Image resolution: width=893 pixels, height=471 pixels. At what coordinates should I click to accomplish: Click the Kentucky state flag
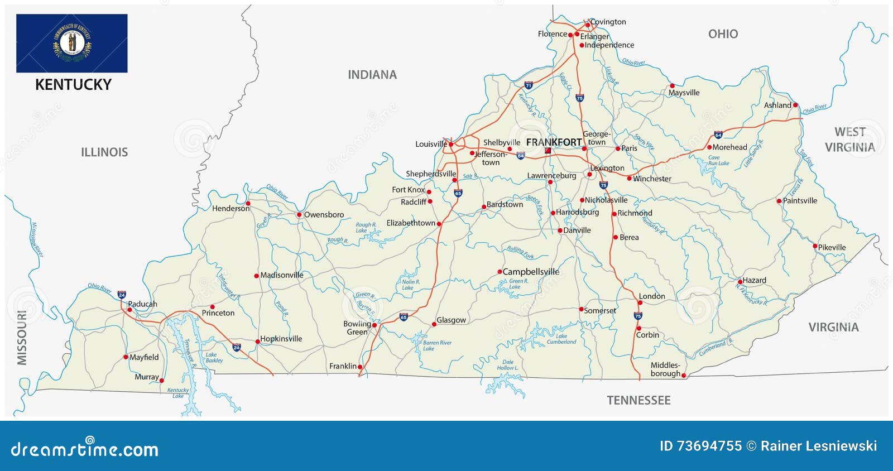tap(71, 43)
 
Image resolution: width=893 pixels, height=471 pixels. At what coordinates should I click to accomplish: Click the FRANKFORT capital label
tap(553, 142)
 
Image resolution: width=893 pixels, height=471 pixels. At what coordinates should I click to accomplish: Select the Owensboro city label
tap(324, 214)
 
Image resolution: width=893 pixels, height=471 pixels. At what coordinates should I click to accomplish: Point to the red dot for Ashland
tap(795, 105)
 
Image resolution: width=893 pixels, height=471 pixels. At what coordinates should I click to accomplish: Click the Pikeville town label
tap(832, 247)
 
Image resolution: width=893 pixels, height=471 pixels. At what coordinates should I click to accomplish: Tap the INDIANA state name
tap(372, 75)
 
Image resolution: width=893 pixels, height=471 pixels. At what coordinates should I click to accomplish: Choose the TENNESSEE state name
tap(638, 400)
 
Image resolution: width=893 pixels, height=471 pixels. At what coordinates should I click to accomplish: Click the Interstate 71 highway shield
tap(528, 85)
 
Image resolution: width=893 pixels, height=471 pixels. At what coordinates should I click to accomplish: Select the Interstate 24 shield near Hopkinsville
tap(237, 347)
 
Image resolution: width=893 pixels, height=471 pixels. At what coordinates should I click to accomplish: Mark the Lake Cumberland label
tap(561, 339)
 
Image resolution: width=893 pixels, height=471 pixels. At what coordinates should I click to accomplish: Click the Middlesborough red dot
tap(684, 376)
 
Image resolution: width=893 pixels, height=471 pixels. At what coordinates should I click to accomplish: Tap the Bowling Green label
tap(357, 328)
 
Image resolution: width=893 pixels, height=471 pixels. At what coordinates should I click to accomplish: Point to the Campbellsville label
tap(531, 272)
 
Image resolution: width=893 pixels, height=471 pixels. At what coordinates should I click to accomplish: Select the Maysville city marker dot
tap(672, 86)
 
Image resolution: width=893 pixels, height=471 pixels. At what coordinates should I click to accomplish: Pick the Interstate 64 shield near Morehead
tap(718, 134)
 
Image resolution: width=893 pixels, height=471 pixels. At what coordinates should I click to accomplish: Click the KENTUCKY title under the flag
tap(73, 85)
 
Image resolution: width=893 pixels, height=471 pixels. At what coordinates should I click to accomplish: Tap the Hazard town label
tap(754, 280)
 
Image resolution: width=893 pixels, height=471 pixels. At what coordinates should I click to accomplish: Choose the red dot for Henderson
tap(248, 204)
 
